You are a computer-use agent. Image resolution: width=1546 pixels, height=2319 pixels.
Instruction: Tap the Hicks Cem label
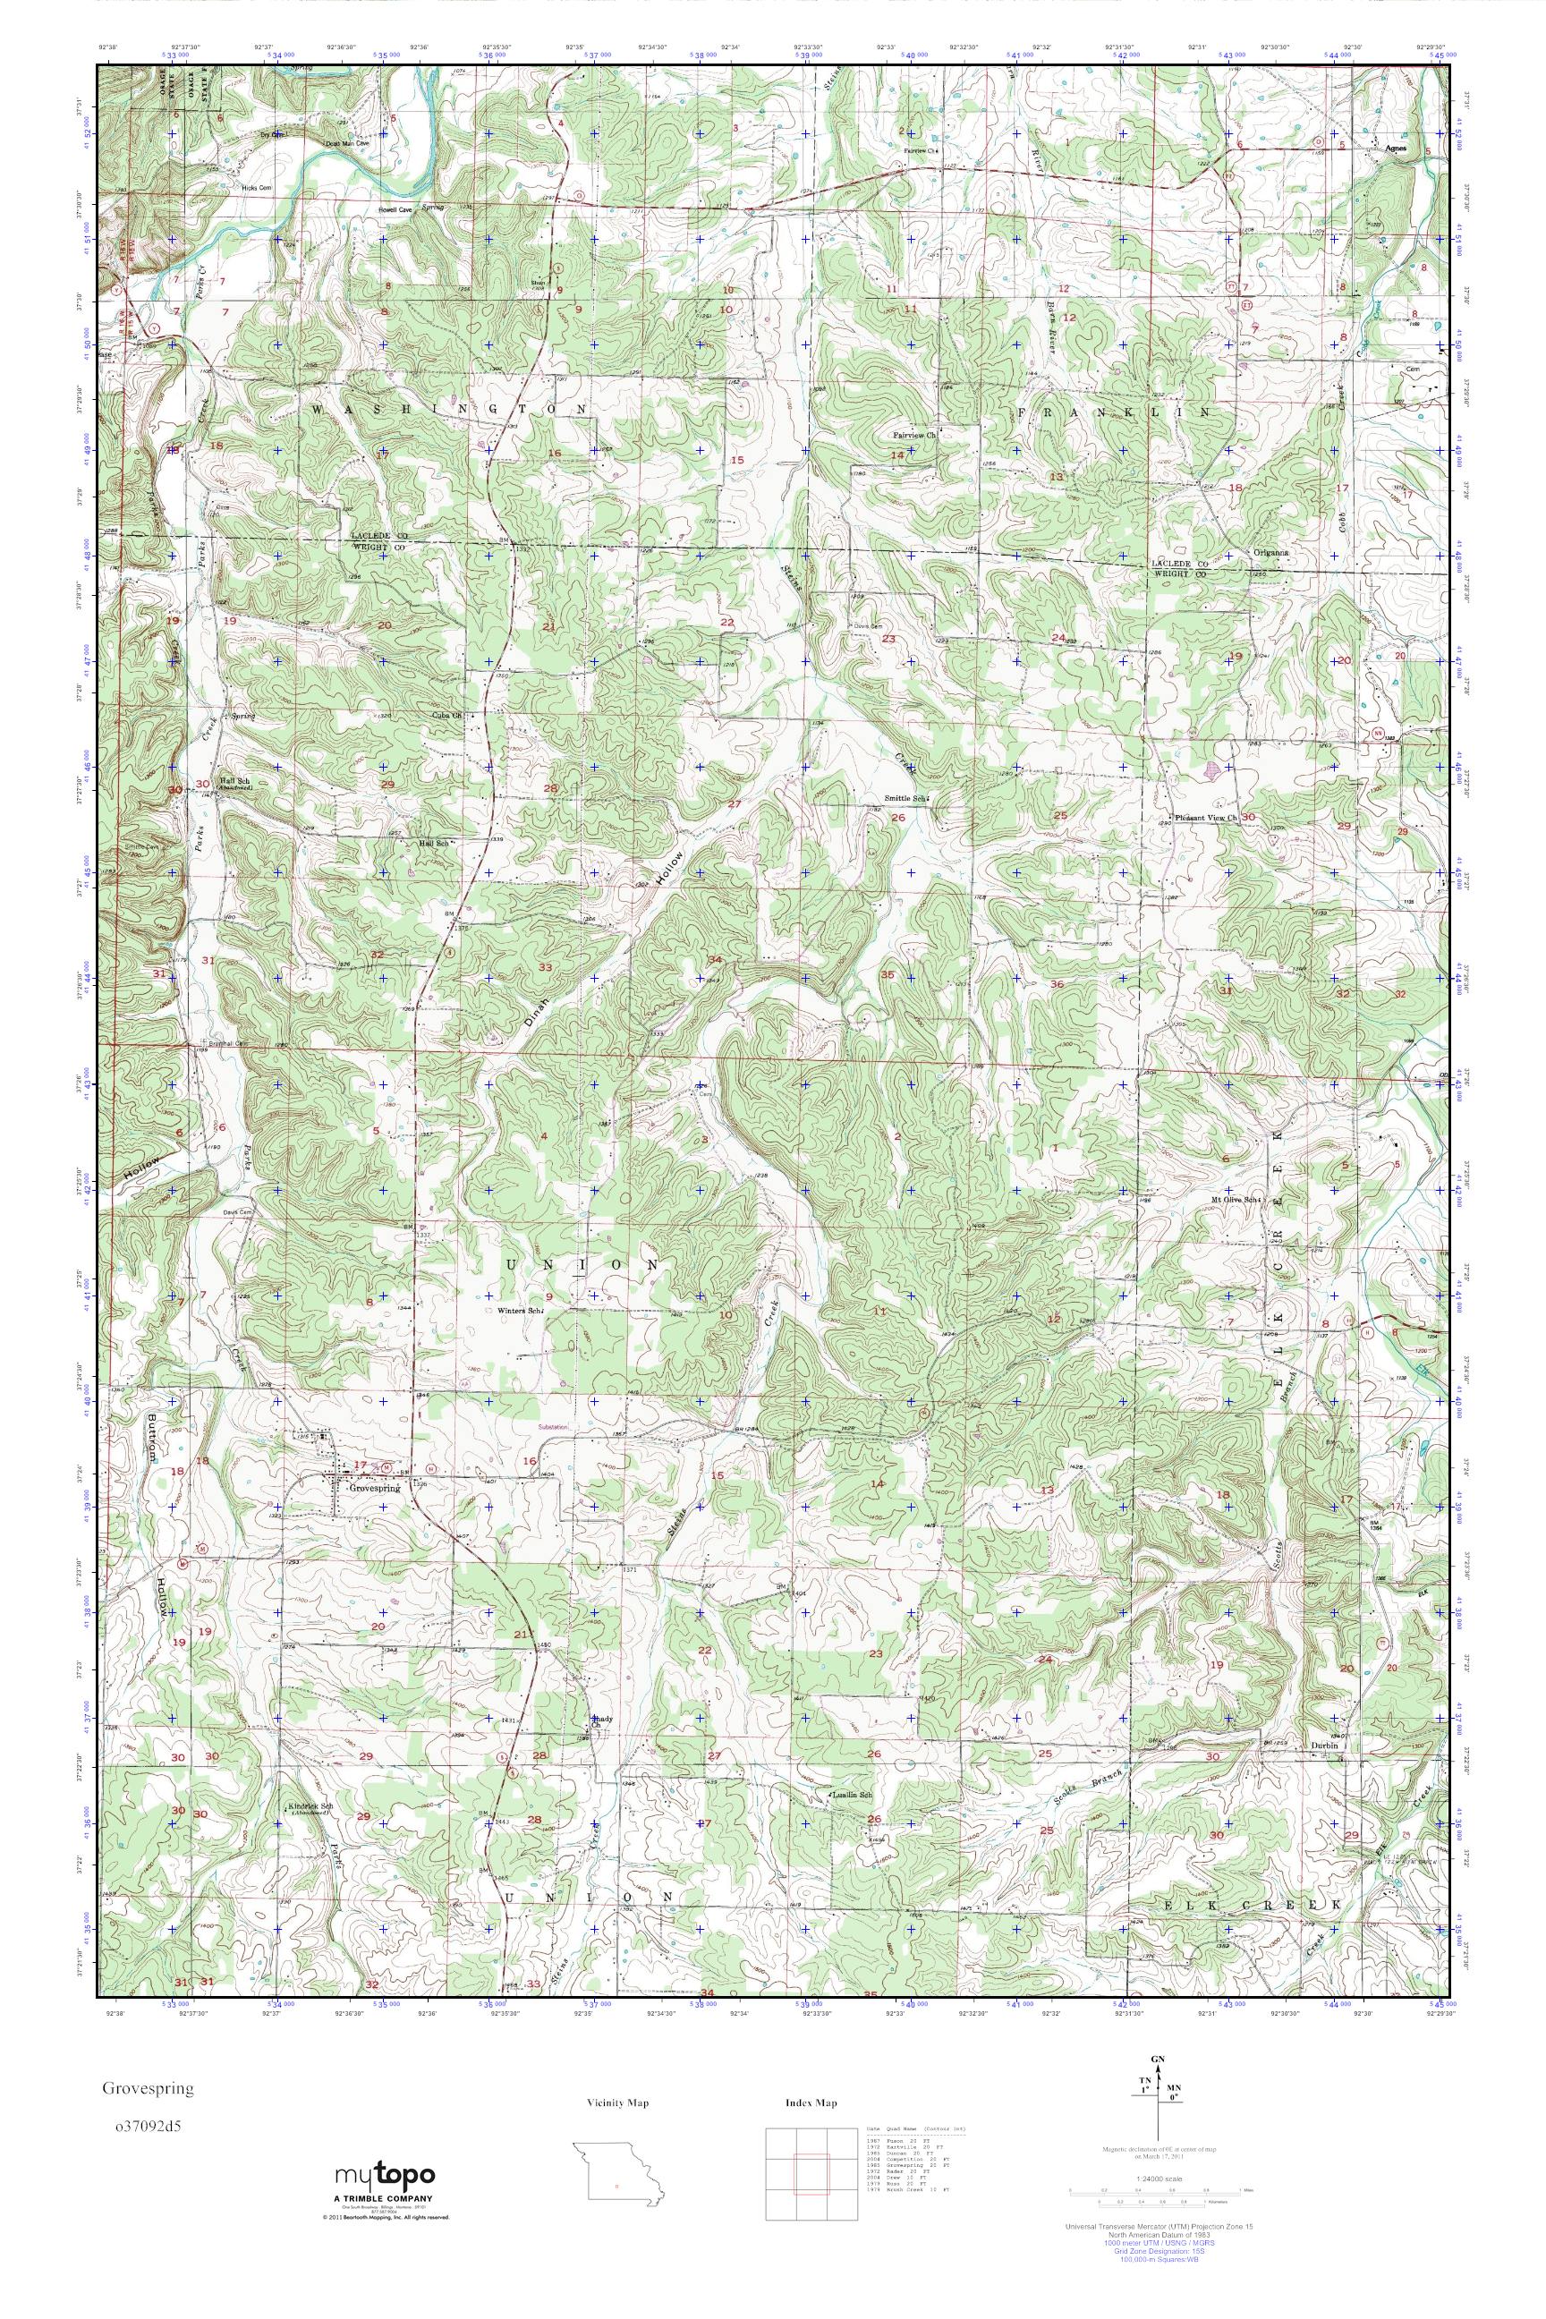click(259, 185)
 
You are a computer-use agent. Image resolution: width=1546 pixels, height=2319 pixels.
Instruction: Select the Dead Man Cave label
click(347, 143)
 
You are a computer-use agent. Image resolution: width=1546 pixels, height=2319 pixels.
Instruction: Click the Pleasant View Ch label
click(1206, 818)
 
